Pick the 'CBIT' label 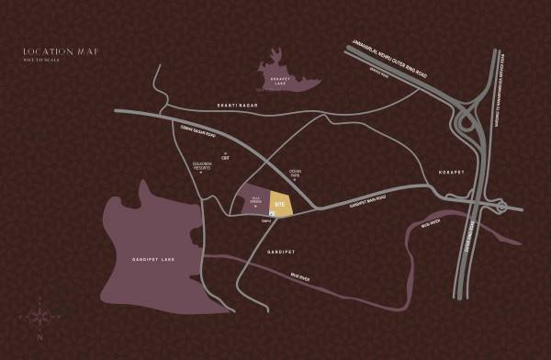click(x=225, y=158)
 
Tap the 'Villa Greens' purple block click(x=256, y=201)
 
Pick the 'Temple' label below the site click(x=265, y=220)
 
